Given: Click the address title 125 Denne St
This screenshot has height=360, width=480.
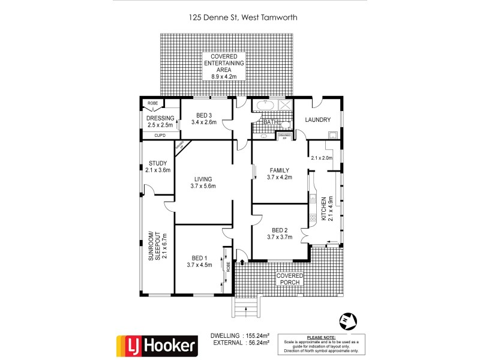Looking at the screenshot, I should [x=243, y=17].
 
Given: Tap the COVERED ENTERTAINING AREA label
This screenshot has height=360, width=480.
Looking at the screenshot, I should [x=227, y=67].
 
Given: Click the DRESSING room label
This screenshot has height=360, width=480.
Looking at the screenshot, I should [x=160, y=122].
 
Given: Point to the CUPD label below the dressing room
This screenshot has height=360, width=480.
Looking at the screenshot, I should [x=160, y=136].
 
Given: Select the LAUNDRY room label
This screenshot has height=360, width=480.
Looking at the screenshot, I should [x=317, y=120].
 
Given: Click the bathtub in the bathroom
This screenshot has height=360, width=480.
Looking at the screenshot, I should [x=265, y=107].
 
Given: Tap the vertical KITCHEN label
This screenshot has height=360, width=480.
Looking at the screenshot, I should [x=325, y=209].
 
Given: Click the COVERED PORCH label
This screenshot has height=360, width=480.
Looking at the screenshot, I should [x=289, y=278].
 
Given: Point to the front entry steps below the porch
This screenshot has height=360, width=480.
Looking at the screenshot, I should [x=245, y=308].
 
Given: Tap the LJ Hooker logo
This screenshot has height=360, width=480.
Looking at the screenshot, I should [x=156, y=345].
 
